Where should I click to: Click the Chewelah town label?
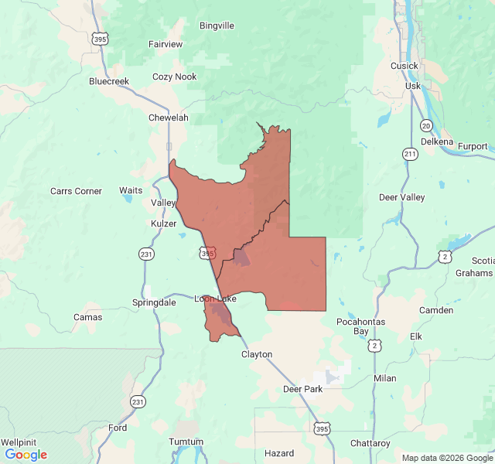168,118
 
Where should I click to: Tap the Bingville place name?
217,26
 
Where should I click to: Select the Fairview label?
166,44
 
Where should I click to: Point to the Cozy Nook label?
174,77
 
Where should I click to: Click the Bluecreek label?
109,81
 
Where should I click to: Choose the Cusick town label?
404,66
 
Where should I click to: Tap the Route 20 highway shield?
426,125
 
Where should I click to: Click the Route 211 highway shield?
410,154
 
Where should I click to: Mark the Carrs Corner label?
76,191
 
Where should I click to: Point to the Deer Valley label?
401,197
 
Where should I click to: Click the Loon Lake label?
215,299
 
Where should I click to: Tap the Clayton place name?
257,354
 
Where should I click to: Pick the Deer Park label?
302,389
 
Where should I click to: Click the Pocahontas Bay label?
360,326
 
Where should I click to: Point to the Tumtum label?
186,442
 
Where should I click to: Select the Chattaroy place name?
370,443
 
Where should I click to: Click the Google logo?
26,455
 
